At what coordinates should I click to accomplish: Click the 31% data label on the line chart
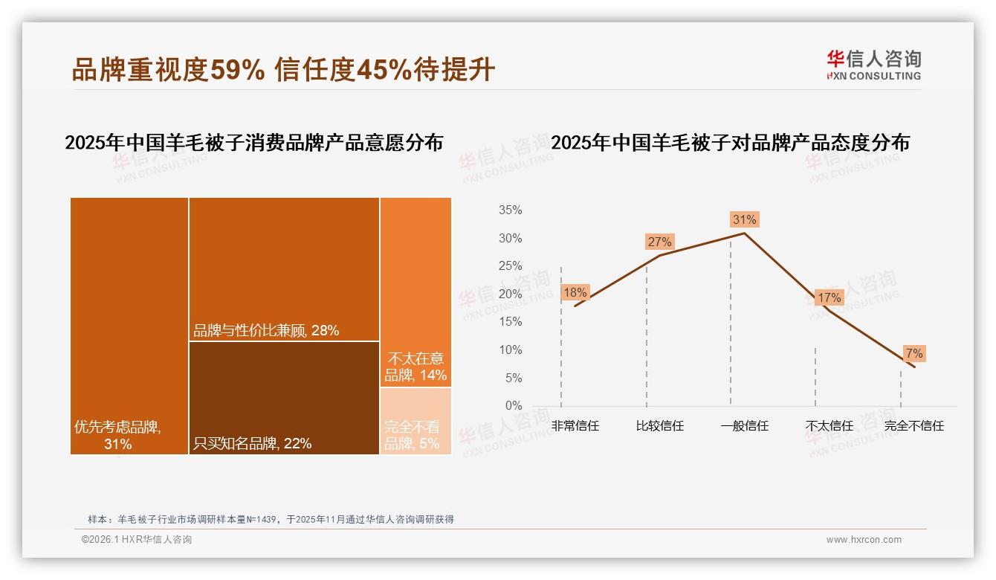pos(744,219)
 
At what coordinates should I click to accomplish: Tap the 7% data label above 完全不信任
pos(913,353)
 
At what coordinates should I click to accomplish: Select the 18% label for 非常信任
pos(575,292)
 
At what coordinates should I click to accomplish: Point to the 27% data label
pos(659,242)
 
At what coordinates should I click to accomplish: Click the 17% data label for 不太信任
pos(829,297)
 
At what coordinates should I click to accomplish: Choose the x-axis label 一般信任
pos(744,426)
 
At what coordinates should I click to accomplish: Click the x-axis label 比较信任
pos(659,426)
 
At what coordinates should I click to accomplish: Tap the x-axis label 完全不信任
pos(913,426)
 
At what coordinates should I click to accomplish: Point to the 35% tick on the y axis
pos(510,210)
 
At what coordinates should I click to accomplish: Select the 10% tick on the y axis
pos(510,350)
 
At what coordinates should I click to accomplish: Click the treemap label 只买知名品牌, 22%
pos(252,444)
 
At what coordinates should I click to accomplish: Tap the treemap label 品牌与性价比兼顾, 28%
pos(266,331)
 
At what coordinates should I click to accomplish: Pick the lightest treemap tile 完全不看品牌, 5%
pos(415,422)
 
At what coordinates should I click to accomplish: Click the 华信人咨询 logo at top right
pos(873,65)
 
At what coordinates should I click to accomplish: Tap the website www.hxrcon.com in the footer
pos(864,540)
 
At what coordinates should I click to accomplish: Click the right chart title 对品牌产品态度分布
pos(730,143)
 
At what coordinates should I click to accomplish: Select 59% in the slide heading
pos(237,71)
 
